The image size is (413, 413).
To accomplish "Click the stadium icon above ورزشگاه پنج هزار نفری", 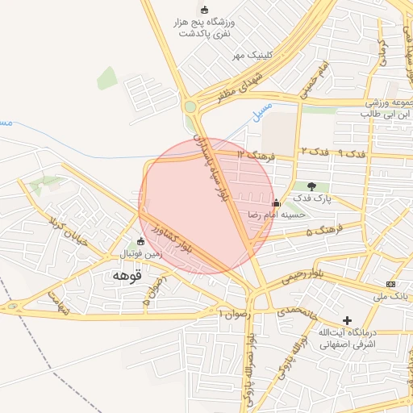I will (204, 10).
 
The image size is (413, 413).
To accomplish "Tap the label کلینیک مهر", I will (250, 55).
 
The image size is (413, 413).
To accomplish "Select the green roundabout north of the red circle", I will (190, 106).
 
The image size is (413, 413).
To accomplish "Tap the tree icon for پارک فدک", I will (312, 186).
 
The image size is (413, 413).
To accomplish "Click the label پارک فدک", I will (312, 198).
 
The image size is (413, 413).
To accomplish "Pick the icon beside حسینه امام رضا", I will (277, 202).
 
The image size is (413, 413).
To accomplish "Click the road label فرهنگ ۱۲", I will (257, 153).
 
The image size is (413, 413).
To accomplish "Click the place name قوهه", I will (127, 276).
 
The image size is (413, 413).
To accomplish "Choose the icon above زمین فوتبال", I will (141, 241).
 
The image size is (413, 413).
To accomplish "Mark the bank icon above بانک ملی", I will (391, 284).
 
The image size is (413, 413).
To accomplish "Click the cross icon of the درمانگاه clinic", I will (348, 320).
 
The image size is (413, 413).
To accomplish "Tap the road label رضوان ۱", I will (235, 311).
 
